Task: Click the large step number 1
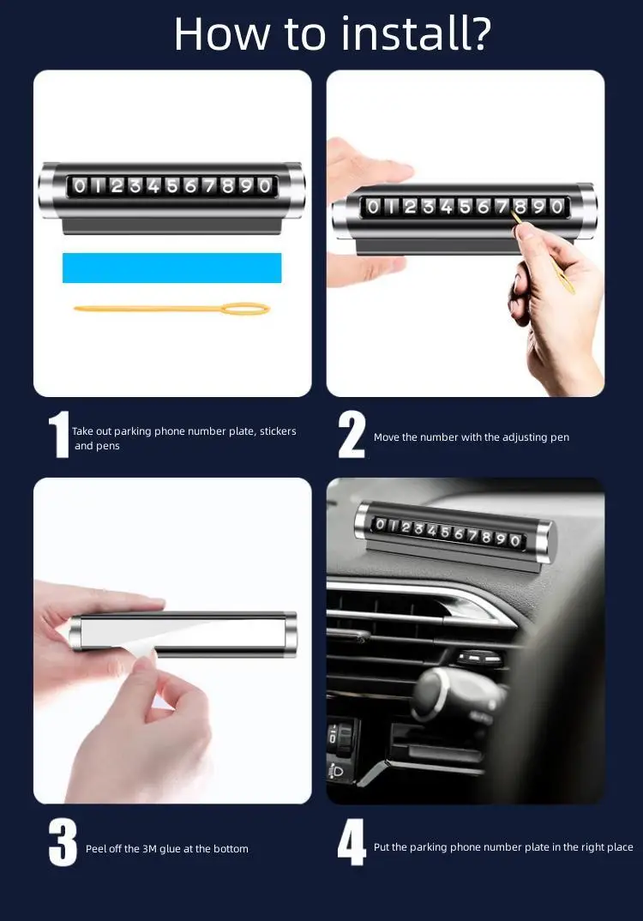click(58, 435)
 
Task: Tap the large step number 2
click(352, 435)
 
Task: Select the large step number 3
click(63, 842)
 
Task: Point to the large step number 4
click(352, 842)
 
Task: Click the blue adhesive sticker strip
click(172, 268)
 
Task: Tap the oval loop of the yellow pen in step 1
click(247, 309)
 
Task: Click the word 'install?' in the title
click(416, 34)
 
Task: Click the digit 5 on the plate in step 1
click(172, 186)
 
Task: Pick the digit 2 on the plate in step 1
click(117, 186)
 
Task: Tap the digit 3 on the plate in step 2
click(429, 206)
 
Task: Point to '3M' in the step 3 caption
click(149, 849)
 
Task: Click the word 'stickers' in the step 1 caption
click(278, 431)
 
